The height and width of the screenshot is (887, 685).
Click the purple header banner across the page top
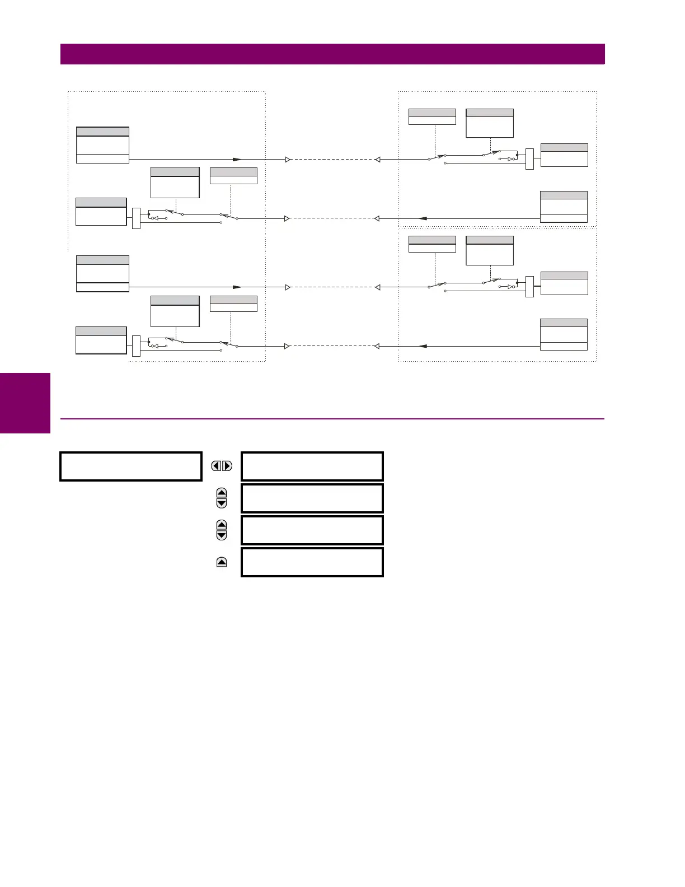pyautogui.click(x=332, y=54)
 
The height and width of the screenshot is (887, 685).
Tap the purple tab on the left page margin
pyautogui.click(x=25, y=403)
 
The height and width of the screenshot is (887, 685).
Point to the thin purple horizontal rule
pyautogui.click(x=332, y=418)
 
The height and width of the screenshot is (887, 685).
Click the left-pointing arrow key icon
pyautogui.click(x=216, y=466)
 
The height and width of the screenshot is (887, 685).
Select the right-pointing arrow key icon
pyautogui.click(x=227, y=466)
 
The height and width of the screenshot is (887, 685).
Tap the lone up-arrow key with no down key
pyautogui.click(x=222, y=562)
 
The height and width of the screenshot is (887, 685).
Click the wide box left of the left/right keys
pyautogui.click(x=131, y=466)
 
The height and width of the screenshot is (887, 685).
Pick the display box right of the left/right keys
pyautogui.click(x=312, y=466)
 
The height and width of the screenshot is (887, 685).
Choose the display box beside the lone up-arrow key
pyautogui.click(x=312, y=562)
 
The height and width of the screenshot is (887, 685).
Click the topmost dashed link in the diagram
pyautogui.click(x=332, y=160)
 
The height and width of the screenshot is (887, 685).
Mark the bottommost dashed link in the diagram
pyautogui.click(x=332, y=346)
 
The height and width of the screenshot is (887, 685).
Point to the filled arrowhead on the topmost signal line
pyautogui.click(x=237, y=160)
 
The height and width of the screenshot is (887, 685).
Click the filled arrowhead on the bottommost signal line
pyautogui.click(x=423, y=346)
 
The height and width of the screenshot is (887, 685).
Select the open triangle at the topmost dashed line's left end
pyautogui.click(x=288, y=160)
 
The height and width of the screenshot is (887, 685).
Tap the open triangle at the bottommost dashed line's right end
pyautogui.click(x=377, y=346)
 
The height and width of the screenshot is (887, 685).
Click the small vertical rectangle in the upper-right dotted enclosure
pyautogui.click(x=530, y=159)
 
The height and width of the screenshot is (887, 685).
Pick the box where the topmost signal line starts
pyautogui.click(x=102, y=145)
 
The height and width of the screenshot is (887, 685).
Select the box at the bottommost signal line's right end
pyautogui.click(x=564, y=334)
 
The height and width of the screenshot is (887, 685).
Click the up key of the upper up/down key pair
pyautogui.click(x=222, y=493)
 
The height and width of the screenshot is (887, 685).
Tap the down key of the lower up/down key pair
pyautogui.click(x=222, y=535)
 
